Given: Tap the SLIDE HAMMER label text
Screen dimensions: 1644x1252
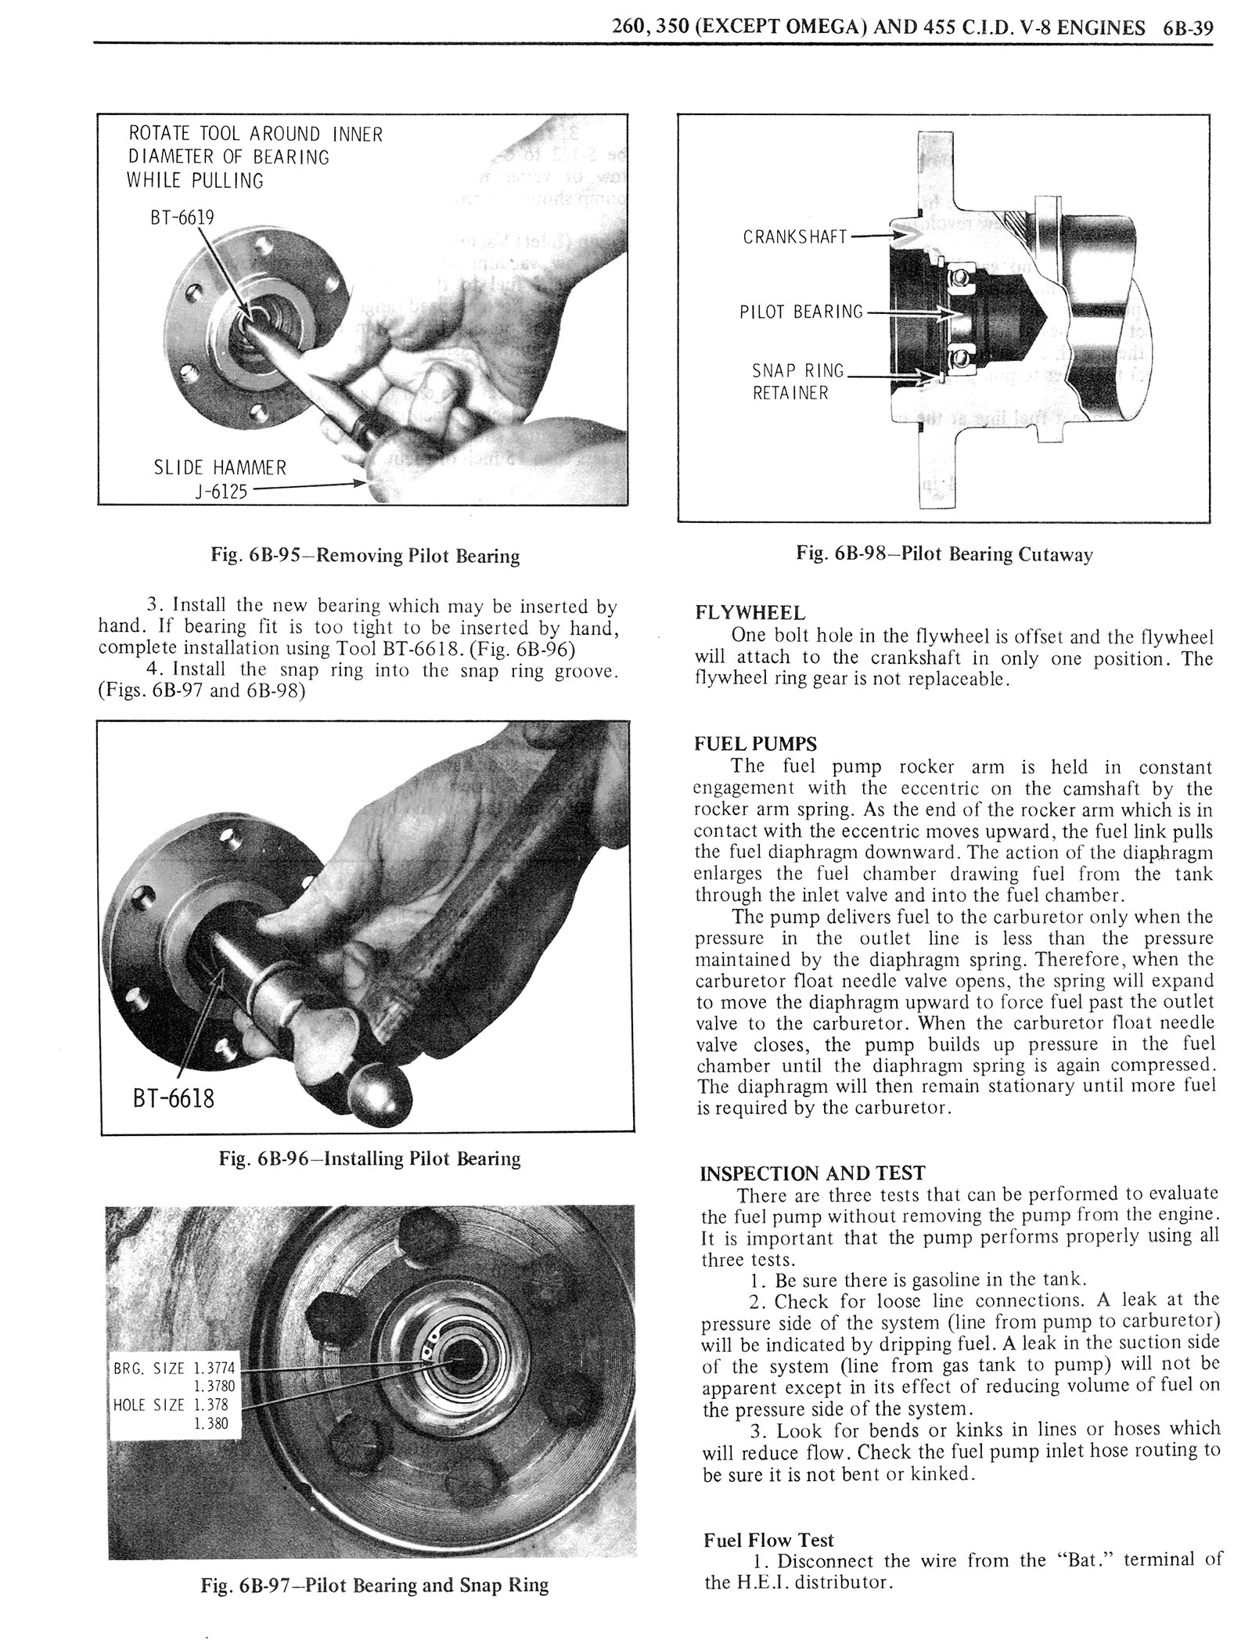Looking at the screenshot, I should tap(219, 468).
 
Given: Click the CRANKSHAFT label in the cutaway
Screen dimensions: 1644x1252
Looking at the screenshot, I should tap(795, 236).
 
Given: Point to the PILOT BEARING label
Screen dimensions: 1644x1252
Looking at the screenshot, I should tap(800, 312).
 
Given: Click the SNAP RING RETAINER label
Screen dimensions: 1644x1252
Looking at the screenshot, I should tap(797, 381).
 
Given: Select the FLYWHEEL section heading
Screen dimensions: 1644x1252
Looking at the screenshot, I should tap(749, 613).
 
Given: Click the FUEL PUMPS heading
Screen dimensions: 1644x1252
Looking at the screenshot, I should tap(755, 744).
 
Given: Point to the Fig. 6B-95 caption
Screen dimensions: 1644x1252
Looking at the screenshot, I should tap(365, 556).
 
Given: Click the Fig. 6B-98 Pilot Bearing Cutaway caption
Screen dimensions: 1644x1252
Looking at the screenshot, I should tap(944, 554).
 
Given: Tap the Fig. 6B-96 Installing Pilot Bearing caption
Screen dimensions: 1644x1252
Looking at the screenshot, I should tap(369, 1158).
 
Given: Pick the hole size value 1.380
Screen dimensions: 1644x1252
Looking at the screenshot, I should tap(210, 1423).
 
